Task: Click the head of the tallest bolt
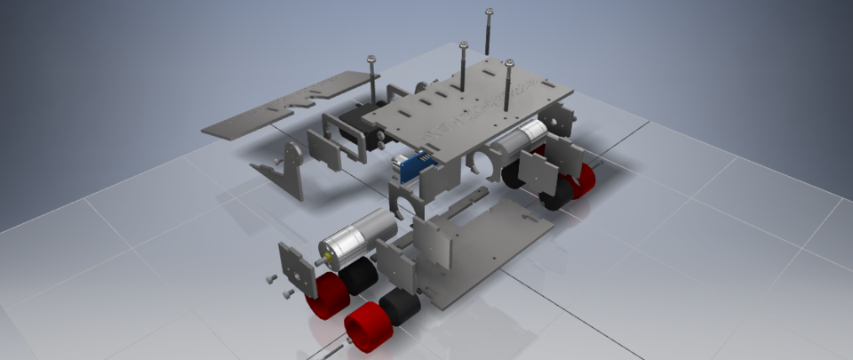tap(489, 12)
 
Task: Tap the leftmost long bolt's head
tap(371, 59)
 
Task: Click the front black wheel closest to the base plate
tap(401, 308)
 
